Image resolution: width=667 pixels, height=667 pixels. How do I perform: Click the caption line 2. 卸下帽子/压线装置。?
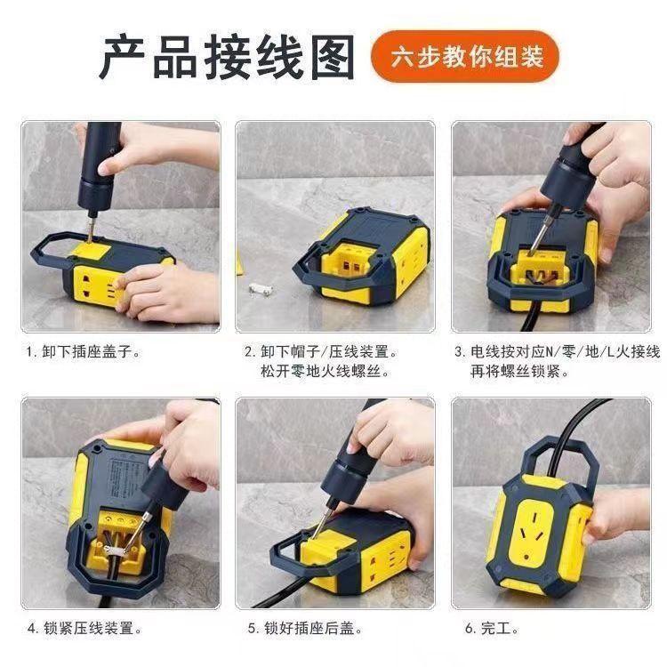pyautogui.click(x=320, y=352)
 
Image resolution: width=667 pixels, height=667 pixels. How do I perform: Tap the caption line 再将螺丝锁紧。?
pyautogui.click(x=519, y=371)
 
